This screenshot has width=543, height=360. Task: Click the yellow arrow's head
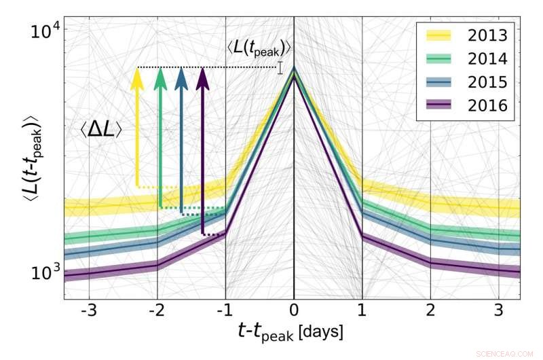coord(136,77)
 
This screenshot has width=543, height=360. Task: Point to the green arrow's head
coord(160,77)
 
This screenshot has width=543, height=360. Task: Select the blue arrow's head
coord(181,77)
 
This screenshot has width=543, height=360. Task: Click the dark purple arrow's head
coord(202,77)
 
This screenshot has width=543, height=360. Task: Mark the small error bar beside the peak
coord(280,67)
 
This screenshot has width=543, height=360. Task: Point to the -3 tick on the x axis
coord(89,313)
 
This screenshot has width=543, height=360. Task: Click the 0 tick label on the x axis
coord(294,313)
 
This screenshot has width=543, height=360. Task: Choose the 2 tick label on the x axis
coord(430,313)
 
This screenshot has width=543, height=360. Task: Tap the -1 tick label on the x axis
coord(225,313)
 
